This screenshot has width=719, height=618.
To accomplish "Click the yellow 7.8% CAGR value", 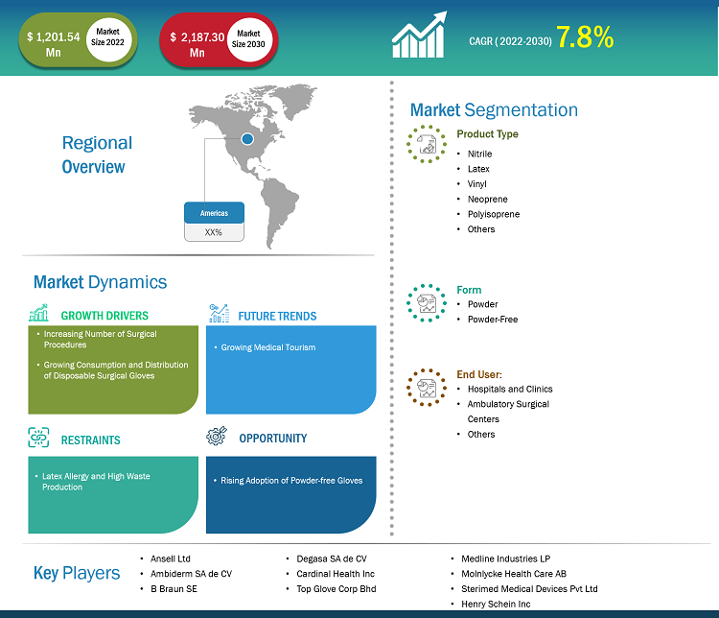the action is [x=585, y=36].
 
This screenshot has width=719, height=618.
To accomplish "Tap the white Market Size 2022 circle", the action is [x=108, y=39].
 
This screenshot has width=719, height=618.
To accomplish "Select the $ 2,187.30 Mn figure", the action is [x=197, y=44].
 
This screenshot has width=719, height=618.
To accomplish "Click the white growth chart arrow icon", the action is [x=419, y=35].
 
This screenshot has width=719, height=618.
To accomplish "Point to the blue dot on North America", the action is [x=247, y=138].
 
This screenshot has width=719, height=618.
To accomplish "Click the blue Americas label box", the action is [x=214, y=213].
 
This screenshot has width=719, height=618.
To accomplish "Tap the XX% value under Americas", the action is [x=213, y=232].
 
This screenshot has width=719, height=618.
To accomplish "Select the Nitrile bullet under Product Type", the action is [x=479, y=154].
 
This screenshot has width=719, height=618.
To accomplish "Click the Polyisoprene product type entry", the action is [x=494, y=214].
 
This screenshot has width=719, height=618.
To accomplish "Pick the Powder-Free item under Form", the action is [x=493, y=320].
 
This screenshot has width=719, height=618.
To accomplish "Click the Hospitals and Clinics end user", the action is [x=510, y=389].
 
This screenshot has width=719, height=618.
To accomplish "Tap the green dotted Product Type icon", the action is [x=427, y=144].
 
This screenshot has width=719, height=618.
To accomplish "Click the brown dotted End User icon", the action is [x=427, y=388].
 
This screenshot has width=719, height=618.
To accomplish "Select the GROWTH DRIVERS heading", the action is [x=104, y=316].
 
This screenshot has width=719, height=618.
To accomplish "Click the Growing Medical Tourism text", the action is [x=268, y=347].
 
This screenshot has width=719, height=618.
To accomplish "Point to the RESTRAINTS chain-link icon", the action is [x=38, y=437].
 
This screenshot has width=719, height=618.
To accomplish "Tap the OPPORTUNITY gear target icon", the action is [x=217, y=436].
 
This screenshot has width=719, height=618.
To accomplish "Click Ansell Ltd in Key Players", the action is [x=170, y=559].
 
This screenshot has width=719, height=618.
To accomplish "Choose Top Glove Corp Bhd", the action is [x=336, y=589].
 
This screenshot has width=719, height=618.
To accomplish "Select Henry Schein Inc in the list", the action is [x=496, y=605].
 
